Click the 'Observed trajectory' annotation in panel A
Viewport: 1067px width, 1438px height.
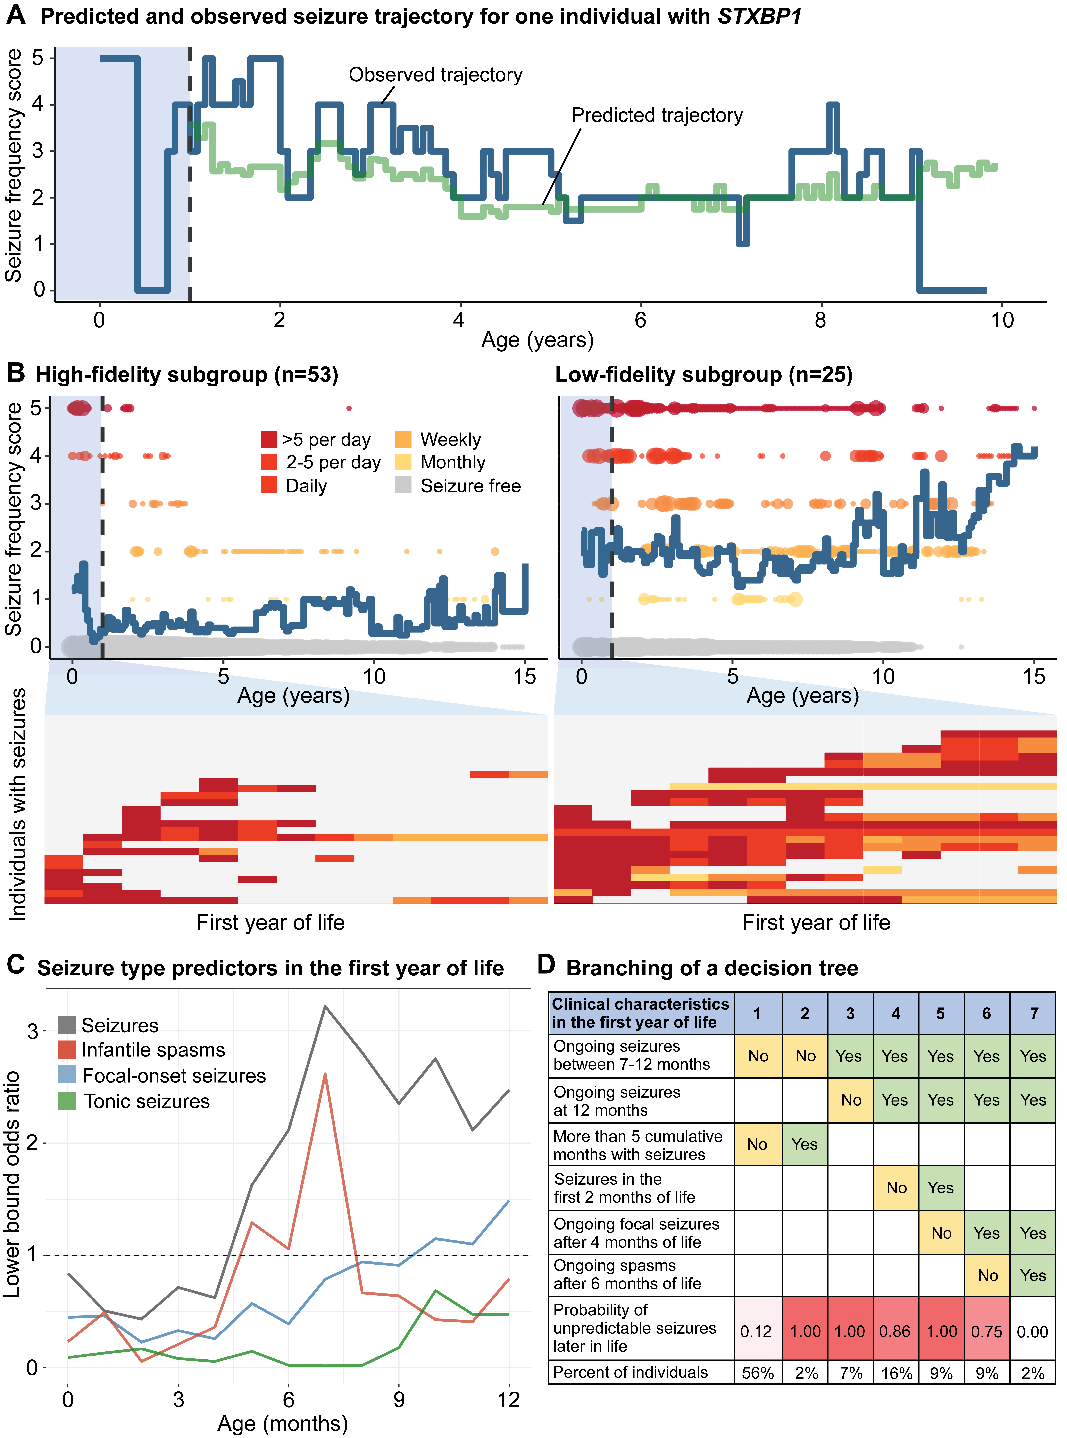435,75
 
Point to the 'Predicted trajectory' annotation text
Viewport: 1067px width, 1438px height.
657,116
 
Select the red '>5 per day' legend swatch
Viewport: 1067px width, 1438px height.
269,440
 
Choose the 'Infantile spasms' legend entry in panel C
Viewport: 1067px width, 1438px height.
153,1050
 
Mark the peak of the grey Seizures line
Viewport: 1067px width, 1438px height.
325,1006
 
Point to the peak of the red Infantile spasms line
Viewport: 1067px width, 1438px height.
325,1074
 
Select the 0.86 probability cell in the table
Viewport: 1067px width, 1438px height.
895,1331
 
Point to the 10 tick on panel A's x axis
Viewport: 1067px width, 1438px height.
1002,320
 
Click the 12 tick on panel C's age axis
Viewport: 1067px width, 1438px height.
509,1400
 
